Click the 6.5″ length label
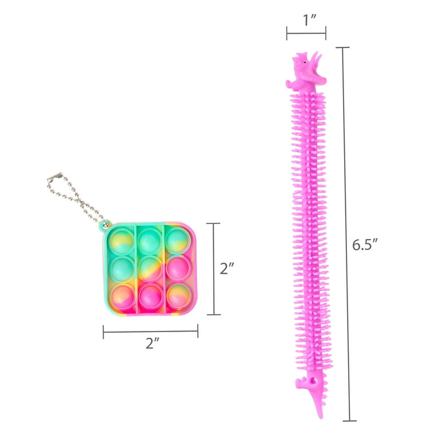[x=365, y=245]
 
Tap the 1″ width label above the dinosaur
[x=310, y=20]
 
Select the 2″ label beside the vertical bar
[x=226, y=269]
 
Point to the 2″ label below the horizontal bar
[x=152, y=343]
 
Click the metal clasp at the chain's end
[x=55, y=177]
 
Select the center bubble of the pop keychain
[x=150, y=269]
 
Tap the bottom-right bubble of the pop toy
[x=179, y=296]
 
